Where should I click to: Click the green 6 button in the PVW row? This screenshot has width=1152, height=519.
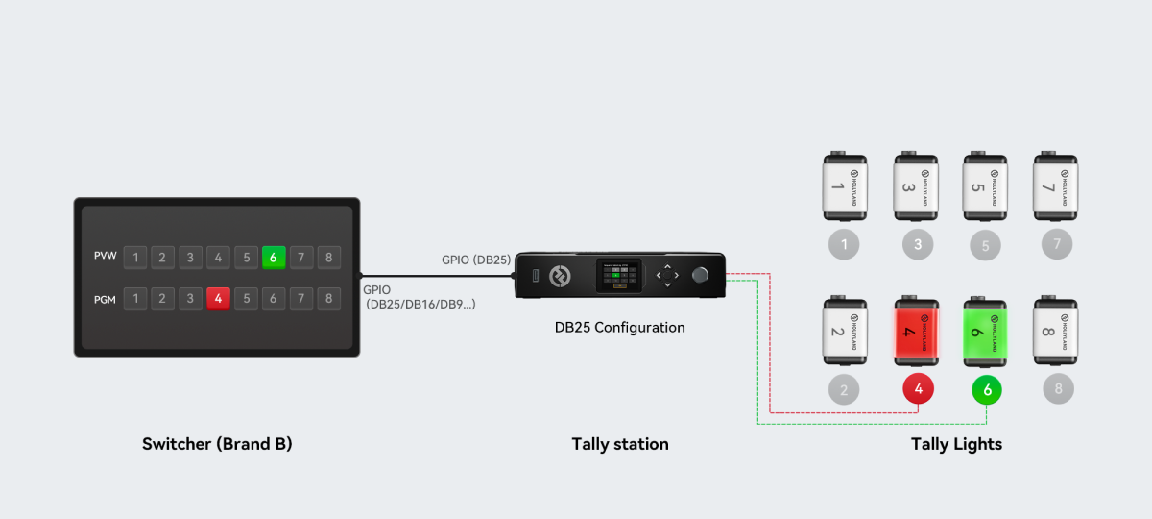point(274,258)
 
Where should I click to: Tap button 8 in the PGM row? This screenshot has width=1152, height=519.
point(329,299)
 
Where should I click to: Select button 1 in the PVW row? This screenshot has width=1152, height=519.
point(135,258)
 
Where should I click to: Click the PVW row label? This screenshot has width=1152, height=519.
point(106,258)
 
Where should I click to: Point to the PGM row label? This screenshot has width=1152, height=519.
point(106,299)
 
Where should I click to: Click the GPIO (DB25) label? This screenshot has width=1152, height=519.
point(475,259)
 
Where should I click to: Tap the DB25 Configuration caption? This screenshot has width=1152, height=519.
point(619,328)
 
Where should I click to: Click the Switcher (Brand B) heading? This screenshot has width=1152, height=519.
point(217,444)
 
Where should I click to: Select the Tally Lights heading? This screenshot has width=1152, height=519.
point(956,444)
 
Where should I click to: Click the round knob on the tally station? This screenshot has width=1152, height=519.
point(701,275)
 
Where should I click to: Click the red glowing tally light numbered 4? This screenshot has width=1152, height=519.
point(918,333)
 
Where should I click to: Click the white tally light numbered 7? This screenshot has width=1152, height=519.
point(1056,185)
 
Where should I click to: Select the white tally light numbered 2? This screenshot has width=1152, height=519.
point(844,333)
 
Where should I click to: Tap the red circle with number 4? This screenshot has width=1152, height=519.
point(919,389)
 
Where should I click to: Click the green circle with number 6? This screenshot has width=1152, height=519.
point(987,390)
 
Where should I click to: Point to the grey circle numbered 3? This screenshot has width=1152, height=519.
point(918,244)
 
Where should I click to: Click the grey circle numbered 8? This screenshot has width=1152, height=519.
point(1058,388)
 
